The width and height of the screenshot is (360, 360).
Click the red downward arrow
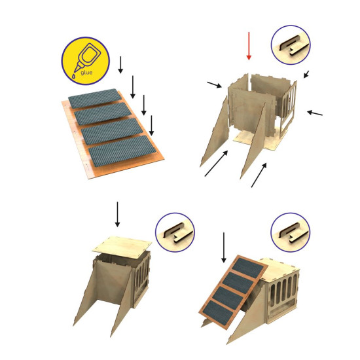(249, 46)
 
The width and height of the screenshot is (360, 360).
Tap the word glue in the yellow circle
(86, 73)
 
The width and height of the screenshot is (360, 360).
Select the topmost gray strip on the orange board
(95, 98)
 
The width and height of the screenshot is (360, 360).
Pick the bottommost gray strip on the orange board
(123, 151)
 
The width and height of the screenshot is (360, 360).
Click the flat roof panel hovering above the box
(122, 244)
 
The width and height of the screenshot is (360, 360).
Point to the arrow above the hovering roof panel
(118, 214)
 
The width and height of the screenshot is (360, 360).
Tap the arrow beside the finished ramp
(224, 247)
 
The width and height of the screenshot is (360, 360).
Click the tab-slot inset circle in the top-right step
(291, 45)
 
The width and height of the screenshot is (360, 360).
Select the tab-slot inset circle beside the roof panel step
(175, 232)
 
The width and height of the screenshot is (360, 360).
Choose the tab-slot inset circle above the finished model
(291, 232)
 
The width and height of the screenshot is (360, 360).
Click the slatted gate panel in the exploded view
(288, 108)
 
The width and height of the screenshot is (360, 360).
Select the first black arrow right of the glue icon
(120, 65)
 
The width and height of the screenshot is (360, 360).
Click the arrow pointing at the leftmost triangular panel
(216, 164)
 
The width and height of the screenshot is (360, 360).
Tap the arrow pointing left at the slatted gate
(315, 113)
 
